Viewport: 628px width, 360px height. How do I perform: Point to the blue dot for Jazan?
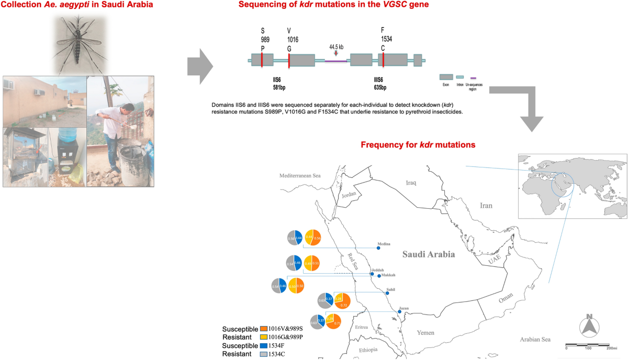pos(399,312)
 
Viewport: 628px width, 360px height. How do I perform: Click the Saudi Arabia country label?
pos(429,254)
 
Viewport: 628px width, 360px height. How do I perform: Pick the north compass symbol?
pos(589,325)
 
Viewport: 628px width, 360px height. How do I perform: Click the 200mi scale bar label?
pos(611,348)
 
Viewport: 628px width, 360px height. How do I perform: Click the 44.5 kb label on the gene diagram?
pos(337,47)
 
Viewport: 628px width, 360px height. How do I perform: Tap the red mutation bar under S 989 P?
pos(262,60)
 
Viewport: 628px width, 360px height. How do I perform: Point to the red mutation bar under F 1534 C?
pos(384,60)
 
